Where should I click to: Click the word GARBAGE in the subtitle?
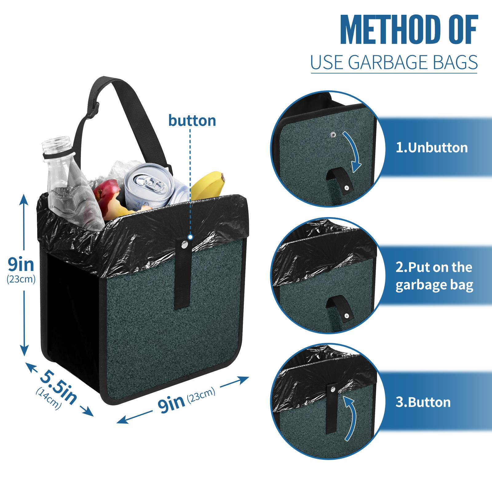click(388, 62)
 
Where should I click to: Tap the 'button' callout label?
click(192, 121)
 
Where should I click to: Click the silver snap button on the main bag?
click(184, 245)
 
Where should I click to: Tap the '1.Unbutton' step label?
click(431, 148)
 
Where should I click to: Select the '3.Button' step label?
click(423, 402)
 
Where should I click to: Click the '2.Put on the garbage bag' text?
click(434, 276)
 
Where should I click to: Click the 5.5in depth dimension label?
click(59, 387)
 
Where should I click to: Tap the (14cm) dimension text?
click(49, 398)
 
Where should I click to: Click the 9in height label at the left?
click(21, 264)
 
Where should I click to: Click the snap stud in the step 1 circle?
click(333, 135)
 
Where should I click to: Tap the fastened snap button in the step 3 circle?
click(333, 390)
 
